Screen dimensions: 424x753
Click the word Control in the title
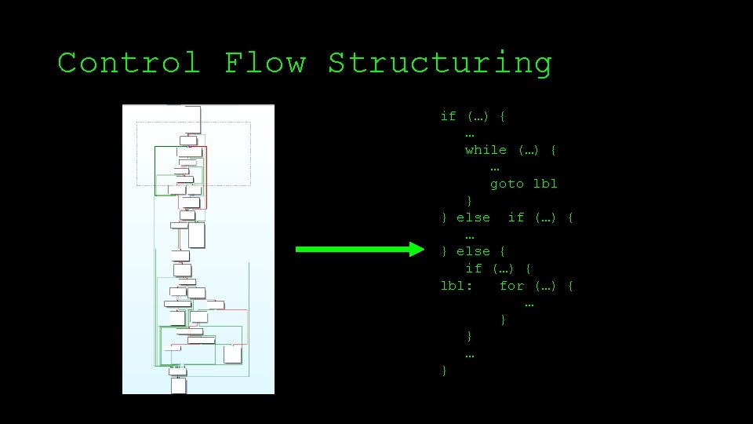(129, 63)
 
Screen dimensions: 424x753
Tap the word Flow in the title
(264, 63)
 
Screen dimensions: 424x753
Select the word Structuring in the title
(439, 63)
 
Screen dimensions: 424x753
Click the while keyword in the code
(486, 150)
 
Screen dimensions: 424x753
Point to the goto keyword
(507, 184)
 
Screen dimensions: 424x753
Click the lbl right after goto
(545, 184)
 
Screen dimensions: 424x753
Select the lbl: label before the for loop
(457, 286)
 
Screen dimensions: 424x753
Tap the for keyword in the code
(511, 286)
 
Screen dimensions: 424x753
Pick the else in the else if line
(473, 217)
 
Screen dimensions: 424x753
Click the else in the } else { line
(473, 251)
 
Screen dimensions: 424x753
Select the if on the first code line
(448, 116)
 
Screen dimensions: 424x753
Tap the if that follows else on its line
(515, 217)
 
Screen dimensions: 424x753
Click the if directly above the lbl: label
(473, 269)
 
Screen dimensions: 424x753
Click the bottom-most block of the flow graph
(179, 386)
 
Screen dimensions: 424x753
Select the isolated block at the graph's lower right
(232, 354)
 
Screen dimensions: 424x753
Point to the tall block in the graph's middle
(196, 234)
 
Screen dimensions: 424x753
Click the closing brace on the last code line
(444, 370)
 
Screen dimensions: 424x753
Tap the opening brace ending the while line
(554, 150)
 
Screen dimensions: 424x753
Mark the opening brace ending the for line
(570, 286)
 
